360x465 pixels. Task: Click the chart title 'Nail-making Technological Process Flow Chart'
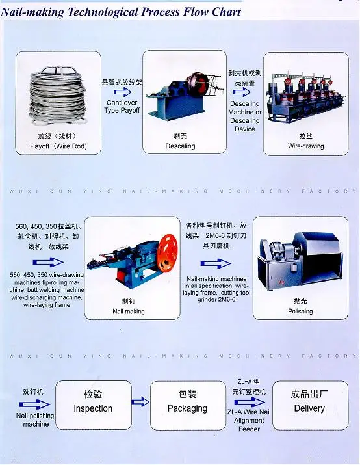click(x=122, y=12)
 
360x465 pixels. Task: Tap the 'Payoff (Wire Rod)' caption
click(x=58, y=146)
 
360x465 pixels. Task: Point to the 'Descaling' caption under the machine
click(x=180, y=146)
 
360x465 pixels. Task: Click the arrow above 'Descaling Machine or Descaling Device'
click(x=245, y=93)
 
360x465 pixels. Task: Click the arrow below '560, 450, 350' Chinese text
click(x=47, y=263)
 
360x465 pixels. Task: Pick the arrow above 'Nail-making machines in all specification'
click(x=216, y=264)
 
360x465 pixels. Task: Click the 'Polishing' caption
click(x=300, y=312)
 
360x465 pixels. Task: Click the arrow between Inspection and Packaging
click(x=140, y=403)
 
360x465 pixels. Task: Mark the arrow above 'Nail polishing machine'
click(x=35, y=403)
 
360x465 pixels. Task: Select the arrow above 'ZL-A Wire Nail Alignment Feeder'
click(x=248, y=403)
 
